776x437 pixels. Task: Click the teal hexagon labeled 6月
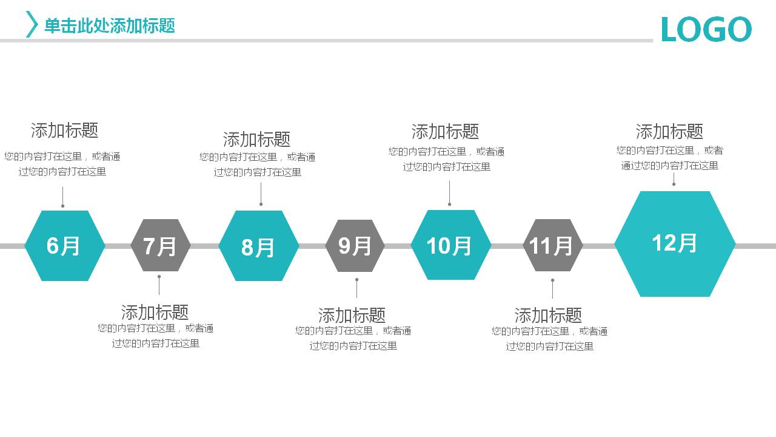(64, 246)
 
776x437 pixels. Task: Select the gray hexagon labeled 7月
(160, 246)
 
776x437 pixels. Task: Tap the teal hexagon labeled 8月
(258, 246)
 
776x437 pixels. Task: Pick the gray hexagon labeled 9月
(355, 246)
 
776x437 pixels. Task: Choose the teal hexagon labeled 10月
(450, 245)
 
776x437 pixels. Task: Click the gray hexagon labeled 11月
(552, 246)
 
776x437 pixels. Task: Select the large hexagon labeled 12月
(675, 244)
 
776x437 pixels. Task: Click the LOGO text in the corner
(706, 29)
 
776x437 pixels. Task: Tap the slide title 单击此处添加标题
(110, 25)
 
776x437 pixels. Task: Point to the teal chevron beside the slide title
(32, 24)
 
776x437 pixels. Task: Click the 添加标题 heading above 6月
(64, 130)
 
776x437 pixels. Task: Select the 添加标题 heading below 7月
(155, 313)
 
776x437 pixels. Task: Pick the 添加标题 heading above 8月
(256, 140)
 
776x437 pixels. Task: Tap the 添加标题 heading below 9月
(352, 316)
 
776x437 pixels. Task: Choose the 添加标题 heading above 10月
(445, 132)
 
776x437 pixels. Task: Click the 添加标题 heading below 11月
(548, 316)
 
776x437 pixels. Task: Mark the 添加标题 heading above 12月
(669, 132)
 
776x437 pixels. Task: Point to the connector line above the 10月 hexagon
(449, 193)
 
